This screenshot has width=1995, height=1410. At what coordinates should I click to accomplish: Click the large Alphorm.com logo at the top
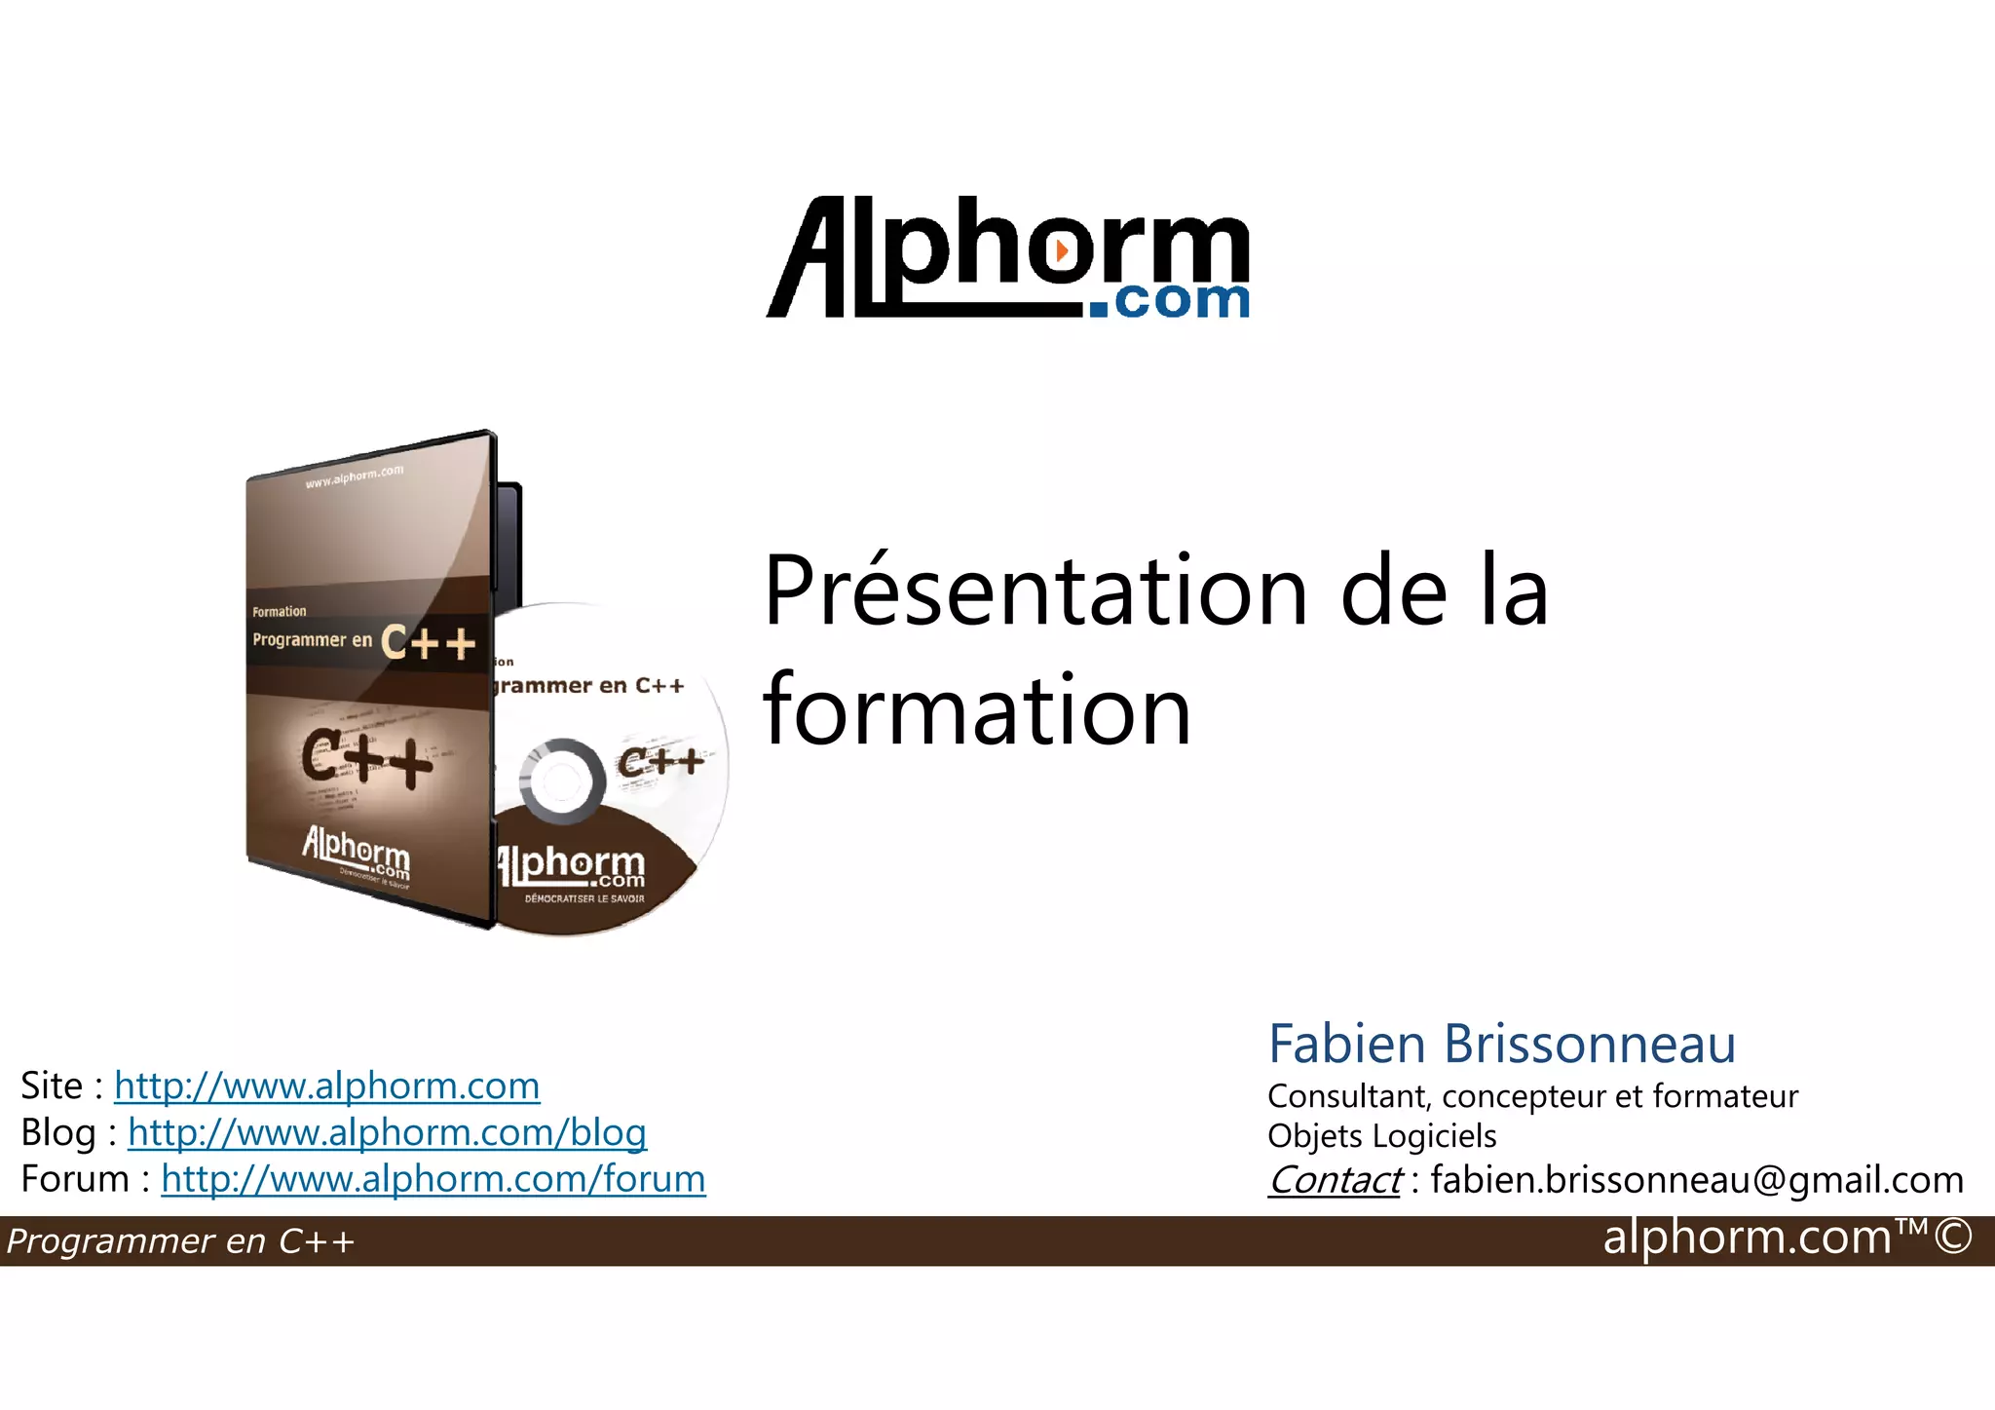click(1008, 258)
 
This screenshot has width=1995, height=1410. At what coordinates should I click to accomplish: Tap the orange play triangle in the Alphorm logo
click(1062, 250)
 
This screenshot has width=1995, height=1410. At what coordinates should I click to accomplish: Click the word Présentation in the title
click(1035, 591)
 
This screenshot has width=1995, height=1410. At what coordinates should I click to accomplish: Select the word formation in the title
click(977, 710)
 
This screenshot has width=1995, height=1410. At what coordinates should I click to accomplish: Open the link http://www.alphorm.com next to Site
click(326, 1086)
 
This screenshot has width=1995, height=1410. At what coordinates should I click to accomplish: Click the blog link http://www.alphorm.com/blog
click(387, 1132)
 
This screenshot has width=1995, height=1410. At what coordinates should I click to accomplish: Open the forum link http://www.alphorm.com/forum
click(433, 1179)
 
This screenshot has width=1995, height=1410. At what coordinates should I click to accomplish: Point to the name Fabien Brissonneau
click(1501, 1045)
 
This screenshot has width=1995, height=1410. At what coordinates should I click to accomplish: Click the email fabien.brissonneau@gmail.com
click(1697, 1180)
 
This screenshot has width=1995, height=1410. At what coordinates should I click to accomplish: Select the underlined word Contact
click(1334, 1180)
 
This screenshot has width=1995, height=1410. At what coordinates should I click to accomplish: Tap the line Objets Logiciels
click(1381, 1136)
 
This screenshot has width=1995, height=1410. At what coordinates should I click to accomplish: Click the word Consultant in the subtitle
click(1348, 1096)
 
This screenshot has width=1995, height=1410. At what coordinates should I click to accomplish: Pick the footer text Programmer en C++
click(180, 1241)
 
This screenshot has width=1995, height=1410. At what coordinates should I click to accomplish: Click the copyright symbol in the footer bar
click(1953, 1238)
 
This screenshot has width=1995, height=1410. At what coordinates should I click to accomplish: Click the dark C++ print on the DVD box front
click(366, 757)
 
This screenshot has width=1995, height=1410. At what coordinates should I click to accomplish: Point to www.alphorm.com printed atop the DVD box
click(354, 476)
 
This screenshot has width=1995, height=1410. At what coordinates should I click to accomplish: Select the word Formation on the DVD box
click(279, 612)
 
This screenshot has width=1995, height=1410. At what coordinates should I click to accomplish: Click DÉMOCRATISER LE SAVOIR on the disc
click(584, 898)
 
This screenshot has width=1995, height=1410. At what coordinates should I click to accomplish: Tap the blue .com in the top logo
click(1169, 301)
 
